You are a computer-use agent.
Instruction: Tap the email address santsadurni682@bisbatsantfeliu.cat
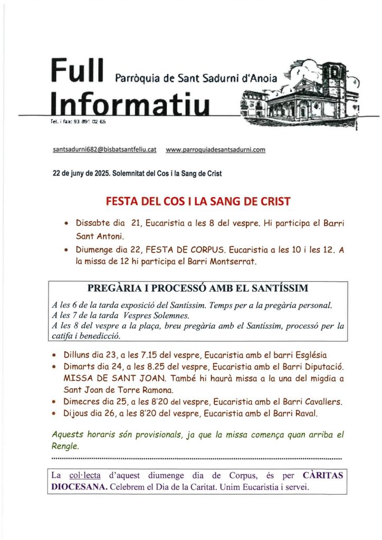click(x=105, y=150)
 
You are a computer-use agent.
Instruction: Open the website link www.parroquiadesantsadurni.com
click(x=215, y=150)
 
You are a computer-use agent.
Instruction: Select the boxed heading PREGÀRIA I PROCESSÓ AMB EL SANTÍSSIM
click(x=198, y=288)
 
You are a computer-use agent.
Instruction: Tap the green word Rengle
click(x=65, y=446)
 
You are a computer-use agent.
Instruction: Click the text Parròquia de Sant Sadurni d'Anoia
click(x=195, y=79)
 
